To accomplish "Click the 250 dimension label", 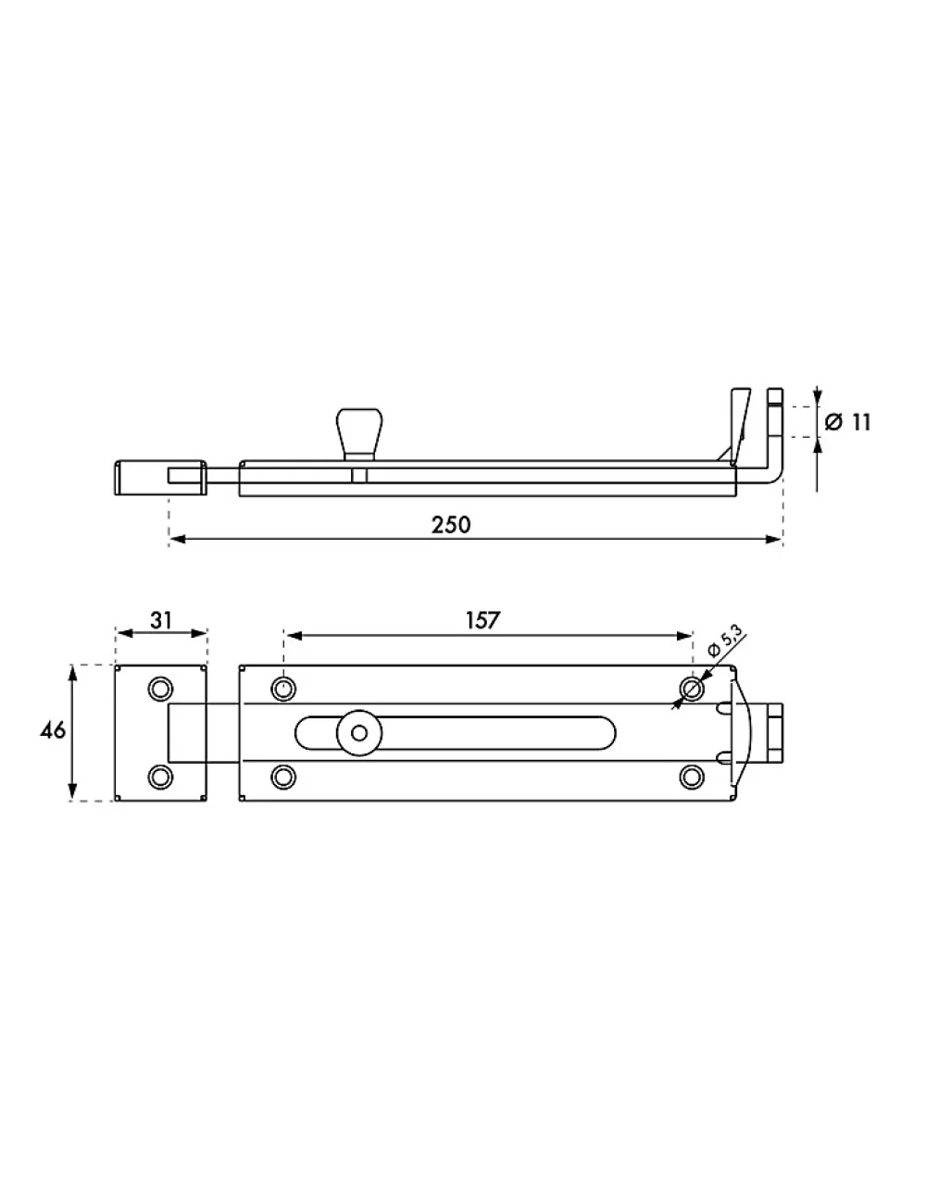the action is (x=450, y=525).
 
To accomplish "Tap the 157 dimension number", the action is (x=482, y=620).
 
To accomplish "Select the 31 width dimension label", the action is (x=161, y=620).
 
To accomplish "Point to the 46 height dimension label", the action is (x=53, y=731).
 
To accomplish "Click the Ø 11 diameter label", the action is (x=848, y=422).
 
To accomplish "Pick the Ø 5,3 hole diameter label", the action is (x=725, y=641).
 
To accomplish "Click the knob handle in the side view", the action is (x=359, y=434).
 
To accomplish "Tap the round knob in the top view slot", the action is (x=359, y=733).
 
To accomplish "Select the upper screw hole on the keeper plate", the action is (x=160, y=689).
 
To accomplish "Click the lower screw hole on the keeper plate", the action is (x=160, y=777).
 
